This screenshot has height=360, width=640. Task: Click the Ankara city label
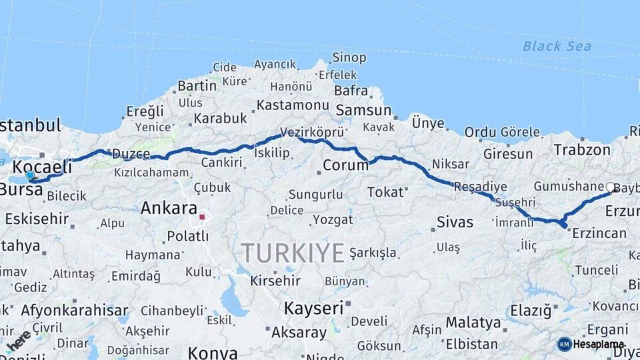169,208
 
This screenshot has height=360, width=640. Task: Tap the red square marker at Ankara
202,217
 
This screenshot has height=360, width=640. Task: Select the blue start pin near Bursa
30,175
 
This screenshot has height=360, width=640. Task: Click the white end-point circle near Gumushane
610,188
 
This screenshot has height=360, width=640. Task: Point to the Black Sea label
557,46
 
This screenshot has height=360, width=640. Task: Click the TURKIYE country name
293,253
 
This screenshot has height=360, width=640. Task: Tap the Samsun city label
363,110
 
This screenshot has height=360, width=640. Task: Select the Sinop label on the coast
349,58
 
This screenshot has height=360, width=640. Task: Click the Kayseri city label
313,308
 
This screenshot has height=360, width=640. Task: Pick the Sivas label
455,222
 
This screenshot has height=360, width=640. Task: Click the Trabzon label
579,150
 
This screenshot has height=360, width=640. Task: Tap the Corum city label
345,165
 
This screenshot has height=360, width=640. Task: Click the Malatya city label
473,323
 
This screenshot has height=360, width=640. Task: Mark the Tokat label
386,192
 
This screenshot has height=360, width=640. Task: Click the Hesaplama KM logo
591,345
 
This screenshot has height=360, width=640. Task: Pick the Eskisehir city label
37,218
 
